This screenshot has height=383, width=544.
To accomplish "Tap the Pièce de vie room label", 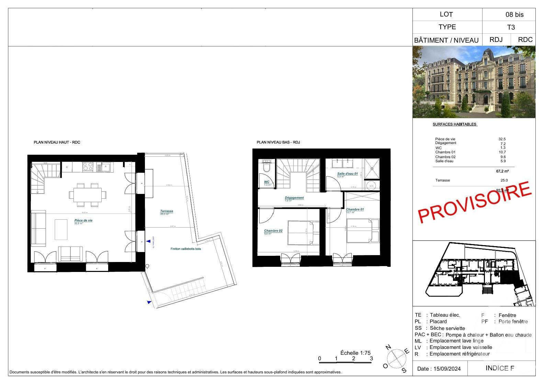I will (x=83, y=220).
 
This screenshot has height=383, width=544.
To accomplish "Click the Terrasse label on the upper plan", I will (x=167, y=211).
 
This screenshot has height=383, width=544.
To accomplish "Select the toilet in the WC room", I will (x=266, y=167).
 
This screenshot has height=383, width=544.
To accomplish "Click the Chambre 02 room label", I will (x=273, y=231).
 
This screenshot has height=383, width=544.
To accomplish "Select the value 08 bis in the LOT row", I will (x=514, y=14).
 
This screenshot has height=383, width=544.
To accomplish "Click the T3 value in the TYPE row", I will (x=511, y=27).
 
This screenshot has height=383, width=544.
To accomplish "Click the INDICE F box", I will (x=500, y=368).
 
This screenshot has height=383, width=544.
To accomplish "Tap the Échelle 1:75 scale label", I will (x=355, y=353).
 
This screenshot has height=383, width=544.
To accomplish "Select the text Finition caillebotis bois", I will (x=185, y=249).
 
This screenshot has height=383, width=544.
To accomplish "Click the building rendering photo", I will (x=474, y=82).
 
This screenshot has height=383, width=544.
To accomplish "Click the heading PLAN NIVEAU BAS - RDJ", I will (x=278, y=142).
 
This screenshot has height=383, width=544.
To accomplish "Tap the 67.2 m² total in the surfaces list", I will (x=502, y=171).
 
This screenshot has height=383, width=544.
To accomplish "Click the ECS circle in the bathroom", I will (x=371, y=186).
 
